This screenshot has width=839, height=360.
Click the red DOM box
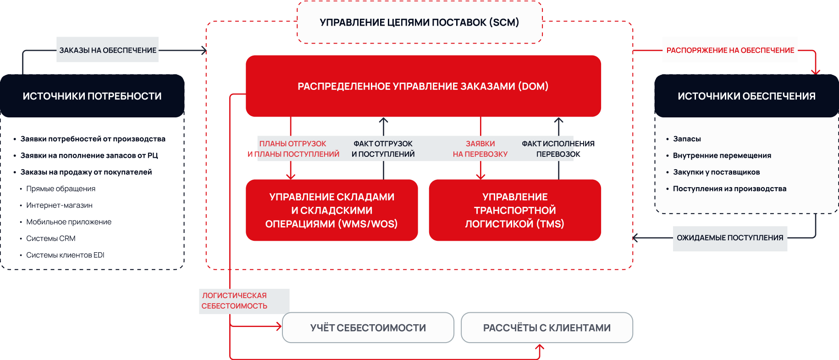pos(423,86)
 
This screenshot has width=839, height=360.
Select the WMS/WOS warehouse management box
pos(331,210)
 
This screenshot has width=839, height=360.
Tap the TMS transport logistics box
pos(515,210)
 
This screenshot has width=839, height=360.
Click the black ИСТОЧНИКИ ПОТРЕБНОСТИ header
pos(92,96)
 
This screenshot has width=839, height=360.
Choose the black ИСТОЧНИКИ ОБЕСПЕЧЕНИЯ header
pos(746,96)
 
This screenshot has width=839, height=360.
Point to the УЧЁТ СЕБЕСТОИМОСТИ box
pos(368,327)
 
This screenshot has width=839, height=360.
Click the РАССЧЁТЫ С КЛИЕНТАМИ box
pos(547,327)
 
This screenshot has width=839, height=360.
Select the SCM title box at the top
pos(419,22)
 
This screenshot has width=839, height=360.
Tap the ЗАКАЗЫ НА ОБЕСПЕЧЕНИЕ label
pos(108,50)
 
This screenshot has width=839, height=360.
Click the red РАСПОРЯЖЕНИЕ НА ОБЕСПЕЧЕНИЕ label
pos(730,50)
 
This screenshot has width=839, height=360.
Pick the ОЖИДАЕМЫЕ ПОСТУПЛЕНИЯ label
pos(730,238)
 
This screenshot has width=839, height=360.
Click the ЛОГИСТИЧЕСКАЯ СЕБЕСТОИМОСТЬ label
pos(234,301)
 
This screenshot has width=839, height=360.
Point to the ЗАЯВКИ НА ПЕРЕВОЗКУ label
pos(480,149)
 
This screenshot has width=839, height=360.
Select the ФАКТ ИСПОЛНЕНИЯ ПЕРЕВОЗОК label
pos(558,149)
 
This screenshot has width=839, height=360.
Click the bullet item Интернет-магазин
pos(59,205)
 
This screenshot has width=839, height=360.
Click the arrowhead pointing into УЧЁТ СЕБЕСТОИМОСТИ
pos(279,327)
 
